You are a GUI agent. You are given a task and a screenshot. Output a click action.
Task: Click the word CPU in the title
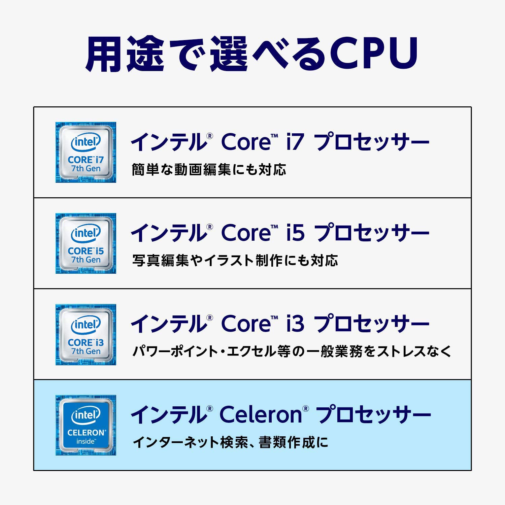point(374,53)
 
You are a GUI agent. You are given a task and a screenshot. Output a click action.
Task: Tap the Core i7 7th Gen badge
point(86,153)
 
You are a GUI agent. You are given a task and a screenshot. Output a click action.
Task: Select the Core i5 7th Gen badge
point(86,243)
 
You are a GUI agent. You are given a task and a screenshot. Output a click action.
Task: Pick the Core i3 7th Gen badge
point(86,335)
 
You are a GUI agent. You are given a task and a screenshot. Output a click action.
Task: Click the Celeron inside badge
point(86,425)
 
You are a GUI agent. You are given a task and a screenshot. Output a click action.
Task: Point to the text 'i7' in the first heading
point(295,142)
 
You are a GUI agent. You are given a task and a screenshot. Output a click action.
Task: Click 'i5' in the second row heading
point(295,233)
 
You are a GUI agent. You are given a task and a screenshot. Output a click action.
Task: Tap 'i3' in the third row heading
point(295,324)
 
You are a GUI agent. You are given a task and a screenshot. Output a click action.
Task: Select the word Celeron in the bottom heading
point(261,414)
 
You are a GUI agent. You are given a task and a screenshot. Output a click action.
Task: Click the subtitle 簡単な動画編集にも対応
point(209,170)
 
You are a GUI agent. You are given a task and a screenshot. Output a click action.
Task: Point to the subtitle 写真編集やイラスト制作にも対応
point(235,261)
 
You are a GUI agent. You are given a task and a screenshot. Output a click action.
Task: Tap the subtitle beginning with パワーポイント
point(292,351)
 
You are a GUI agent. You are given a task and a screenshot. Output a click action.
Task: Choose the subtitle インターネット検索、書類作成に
point(231,442)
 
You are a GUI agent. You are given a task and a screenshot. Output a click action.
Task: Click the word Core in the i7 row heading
point(246,142)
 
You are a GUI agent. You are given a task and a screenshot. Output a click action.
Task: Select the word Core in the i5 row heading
point(246,233)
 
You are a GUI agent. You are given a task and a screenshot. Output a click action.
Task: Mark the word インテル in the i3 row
point(168,324)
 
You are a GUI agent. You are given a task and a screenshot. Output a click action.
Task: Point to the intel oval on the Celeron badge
point(86,415)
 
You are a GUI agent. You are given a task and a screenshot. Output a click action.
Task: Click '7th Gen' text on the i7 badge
point(86,169)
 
